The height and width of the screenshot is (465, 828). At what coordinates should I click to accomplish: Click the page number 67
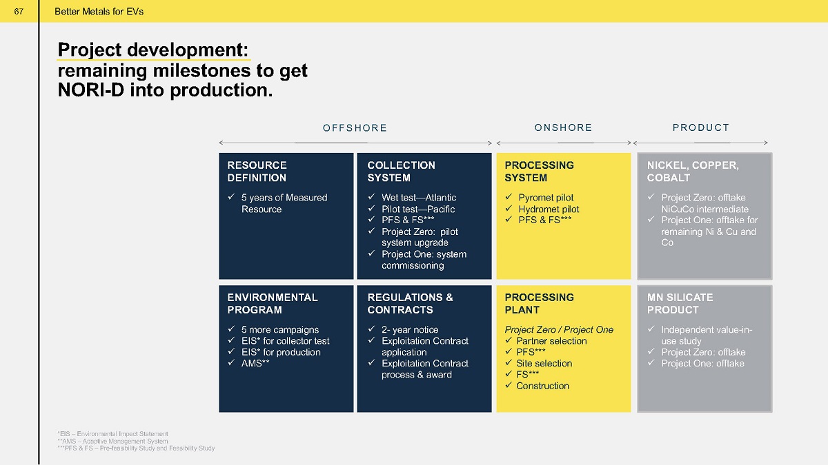tap(19, 12)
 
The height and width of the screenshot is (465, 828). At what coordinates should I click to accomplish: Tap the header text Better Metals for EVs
tap(99, 12)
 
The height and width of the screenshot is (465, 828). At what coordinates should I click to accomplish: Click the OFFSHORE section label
tap(355, 127)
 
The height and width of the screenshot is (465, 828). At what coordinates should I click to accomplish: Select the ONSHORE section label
tap(563, 127)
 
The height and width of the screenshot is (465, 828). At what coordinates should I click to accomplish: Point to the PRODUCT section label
tap(701, 127)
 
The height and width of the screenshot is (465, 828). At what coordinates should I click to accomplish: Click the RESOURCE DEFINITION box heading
tap(257, 172)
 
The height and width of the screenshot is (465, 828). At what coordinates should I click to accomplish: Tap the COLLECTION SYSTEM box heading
tap(402, 172)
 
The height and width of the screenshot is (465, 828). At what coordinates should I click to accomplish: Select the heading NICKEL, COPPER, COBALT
tap(693, 172)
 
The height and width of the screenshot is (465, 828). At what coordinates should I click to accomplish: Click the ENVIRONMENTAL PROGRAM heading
tap(273, 303)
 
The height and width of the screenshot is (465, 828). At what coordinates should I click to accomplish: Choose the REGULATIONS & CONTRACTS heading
tap(411, 303)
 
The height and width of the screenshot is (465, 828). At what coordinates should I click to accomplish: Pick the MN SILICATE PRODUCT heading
tap(680, 303)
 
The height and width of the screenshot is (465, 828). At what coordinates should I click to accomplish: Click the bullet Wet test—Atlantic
tap(419, 198)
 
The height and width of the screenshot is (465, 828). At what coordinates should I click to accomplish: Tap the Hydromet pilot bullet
tap(549, 209)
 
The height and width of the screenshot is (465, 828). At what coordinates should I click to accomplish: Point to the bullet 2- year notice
tap(410, 329)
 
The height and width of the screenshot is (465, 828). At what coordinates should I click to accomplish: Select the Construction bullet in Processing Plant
tap(542, 386)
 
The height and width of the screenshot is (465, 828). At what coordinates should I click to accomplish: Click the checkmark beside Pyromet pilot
tap(509, 197)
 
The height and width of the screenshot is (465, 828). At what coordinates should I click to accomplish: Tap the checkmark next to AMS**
tap(231, 362)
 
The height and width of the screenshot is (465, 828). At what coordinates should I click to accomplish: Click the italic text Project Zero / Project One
tap(559, 329)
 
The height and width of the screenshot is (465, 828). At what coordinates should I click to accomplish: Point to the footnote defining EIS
tap(112, 433)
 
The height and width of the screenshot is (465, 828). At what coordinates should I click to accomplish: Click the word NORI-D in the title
tap(91, 90)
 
